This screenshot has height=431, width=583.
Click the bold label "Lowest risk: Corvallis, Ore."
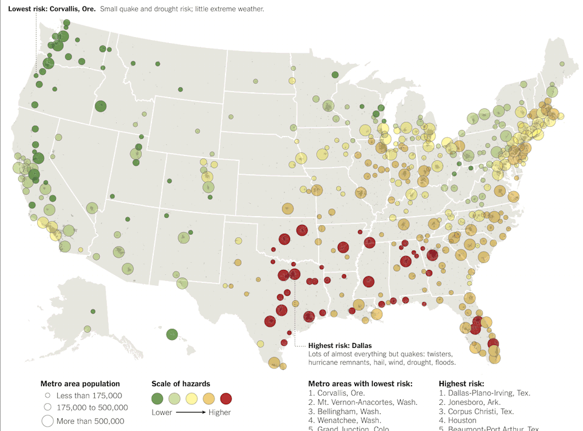click(52, 10)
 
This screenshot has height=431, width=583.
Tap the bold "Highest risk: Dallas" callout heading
click(340, 345)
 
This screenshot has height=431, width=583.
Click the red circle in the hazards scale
click(226, 398)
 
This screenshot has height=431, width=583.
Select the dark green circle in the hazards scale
click(157, 398)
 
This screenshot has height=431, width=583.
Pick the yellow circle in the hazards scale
click(191, 398)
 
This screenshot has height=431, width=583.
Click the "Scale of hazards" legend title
click(181, 384)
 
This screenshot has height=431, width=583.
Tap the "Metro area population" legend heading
click(80, 384)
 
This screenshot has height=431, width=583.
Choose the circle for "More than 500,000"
click(47, 421)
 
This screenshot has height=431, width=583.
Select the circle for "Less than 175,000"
click(47, 396)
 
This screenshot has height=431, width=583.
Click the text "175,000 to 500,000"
click(92, 407)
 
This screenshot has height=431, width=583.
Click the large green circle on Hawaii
click(172, 334)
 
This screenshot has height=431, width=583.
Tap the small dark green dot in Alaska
click(93, 311)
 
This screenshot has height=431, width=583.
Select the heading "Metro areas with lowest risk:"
click(360, 384)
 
